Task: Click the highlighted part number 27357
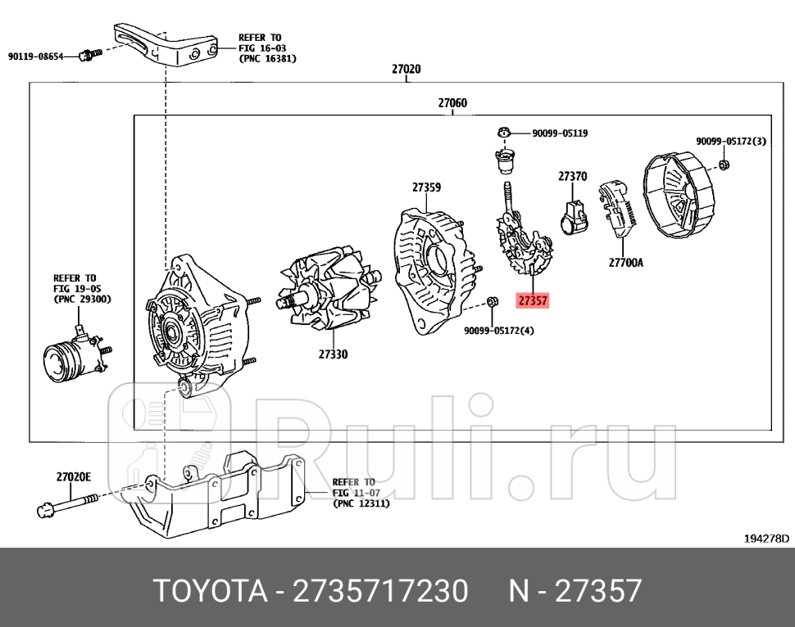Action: coord(533,301)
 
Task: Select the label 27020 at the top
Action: coord(406,70)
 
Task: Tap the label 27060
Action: coord(452,103)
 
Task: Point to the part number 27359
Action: coord(426,187)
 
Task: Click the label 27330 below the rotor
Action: coord(333,354)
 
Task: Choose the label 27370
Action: coord(573,176)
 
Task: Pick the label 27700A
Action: coord(626,264)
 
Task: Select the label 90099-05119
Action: coord(560,133)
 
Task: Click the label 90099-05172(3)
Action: coord(731,142)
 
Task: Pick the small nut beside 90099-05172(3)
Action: coord(725,166)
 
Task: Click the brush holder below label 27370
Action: coord(573,218)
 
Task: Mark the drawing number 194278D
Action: coord(766,539)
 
